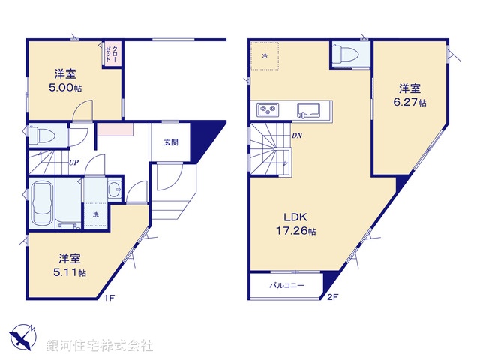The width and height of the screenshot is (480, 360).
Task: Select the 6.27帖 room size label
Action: [412, 102]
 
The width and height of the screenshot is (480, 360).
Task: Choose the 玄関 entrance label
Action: [170, 142]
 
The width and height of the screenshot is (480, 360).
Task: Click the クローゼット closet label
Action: [114, 54]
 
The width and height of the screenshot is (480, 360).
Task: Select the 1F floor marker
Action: [109, 298]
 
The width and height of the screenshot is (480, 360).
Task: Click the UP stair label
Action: [73, 161]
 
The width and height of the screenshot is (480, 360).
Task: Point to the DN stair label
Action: [297, 136]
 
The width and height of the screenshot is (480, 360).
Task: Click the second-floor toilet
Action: [346, 53]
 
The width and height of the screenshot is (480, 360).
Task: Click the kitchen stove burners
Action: [268, 110]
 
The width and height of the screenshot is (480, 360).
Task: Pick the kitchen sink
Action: [309, 110]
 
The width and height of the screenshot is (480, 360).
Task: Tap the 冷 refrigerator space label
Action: [265, 56]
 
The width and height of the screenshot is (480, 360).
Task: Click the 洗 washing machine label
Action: [95, 215]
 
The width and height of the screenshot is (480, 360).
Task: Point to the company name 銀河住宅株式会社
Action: [99, 346]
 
